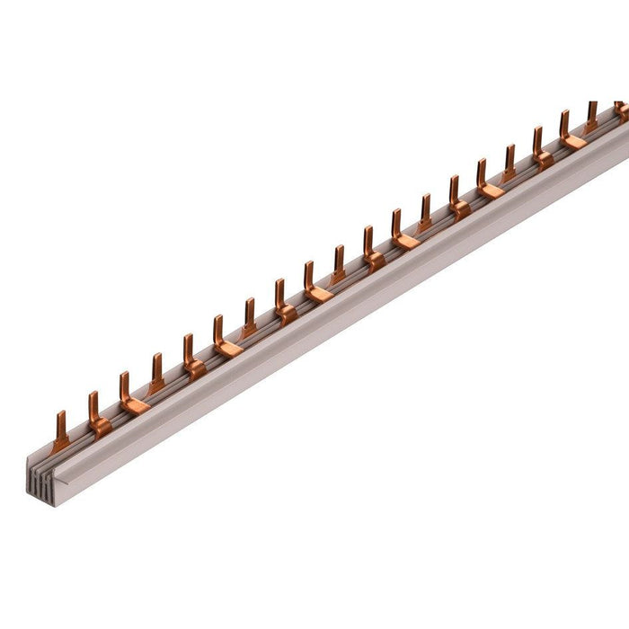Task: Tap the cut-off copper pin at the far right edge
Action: pyautogui.click(x=621, y=110)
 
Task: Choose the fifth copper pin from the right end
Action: pyautogui.click(x=509, y=163)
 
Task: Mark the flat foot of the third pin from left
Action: pyautogui.click(x=135, y=407)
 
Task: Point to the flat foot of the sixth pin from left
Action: pyautogui.click(x=229, y=350)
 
